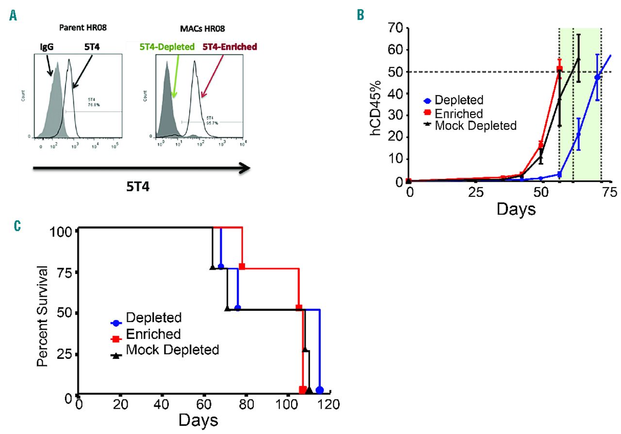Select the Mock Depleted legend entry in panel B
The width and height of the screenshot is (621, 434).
click(469, 126)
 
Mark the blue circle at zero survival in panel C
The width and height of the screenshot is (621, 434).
click(319, 390)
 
